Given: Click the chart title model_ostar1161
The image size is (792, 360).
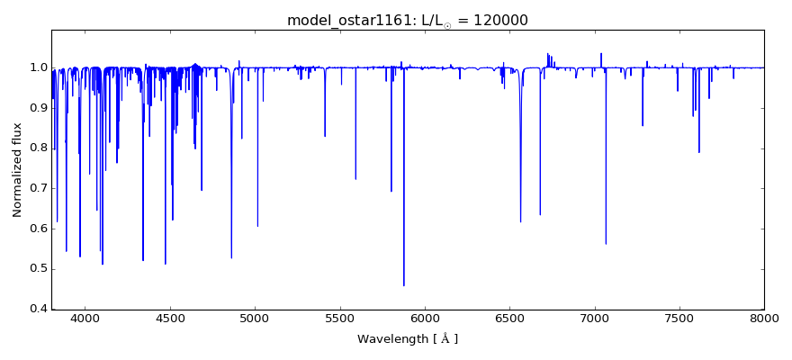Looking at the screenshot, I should (x=346, y=21).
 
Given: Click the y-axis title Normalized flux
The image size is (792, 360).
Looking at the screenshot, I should (x=17, y=171).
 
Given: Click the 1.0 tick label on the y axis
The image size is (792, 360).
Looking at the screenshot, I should (x=37, y=67).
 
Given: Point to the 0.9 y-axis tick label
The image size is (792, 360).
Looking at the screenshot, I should (x=37, y=108).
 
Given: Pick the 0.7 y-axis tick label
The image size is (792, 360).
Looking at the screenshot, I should (x=37, y=188).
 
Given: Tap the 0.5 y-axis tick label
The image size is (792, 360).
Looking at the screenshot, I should (x=37, y=269).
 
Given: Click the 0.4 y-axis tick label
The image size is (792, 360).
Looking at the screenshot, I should (x=37, y=309).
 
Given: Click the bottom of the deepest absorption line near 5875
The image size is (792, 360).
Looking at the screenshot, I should (x=404, y=285).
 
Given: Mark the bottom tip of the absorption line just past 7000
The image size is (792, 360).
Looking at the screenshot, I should (x=606, y=243).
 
